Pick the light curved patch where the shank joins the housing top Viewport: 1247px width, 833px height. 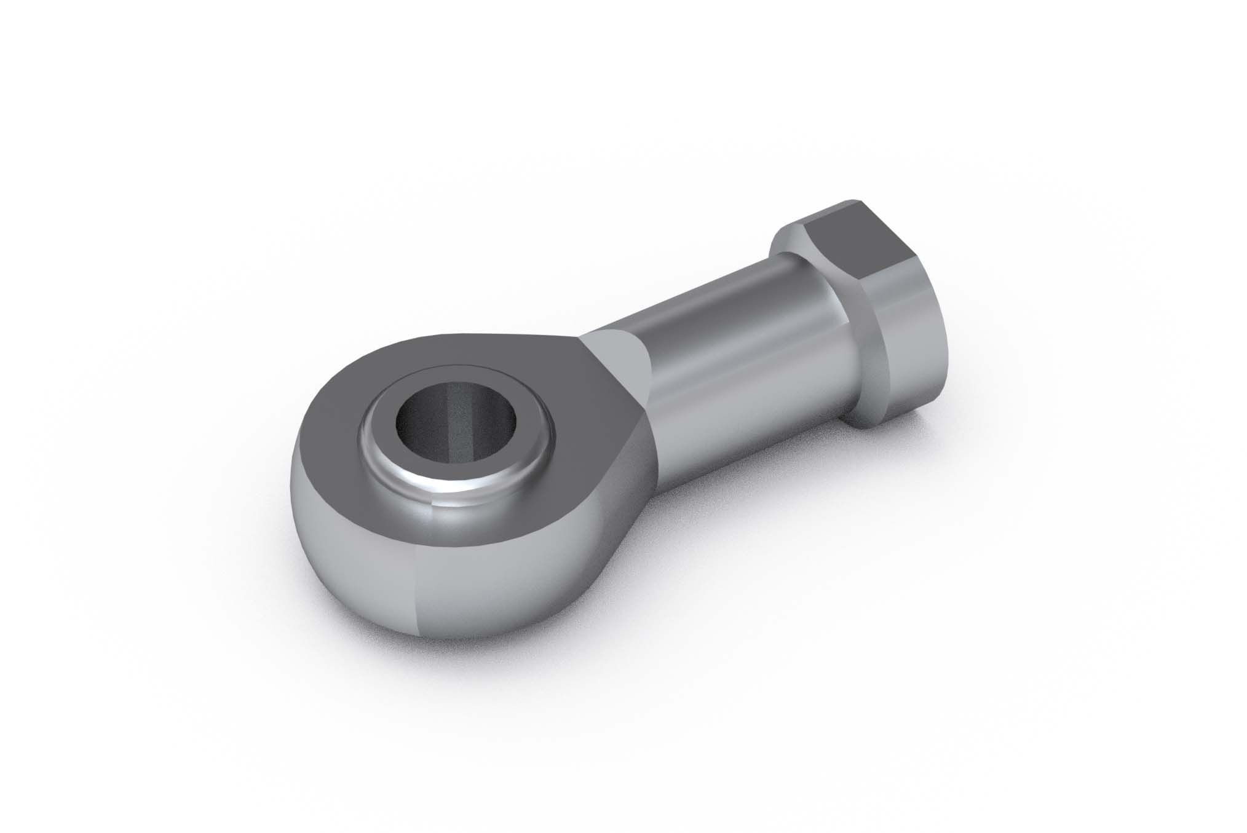pyautogui.click(x=615, y=363)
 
